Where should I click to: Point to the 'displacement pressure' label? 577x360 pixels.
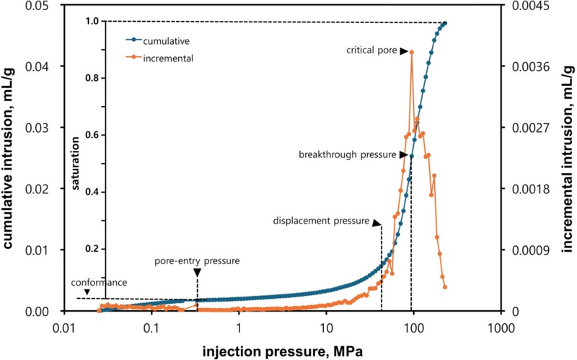click(x=321, y=221)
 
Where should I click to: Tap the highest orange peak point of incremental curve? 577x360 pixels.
click(x=412, y=51)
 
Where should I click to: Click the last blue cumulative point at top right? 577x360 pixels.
click(x=445, y=24)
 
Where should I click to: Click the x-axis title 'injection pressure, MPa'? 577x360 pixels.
click(x=281, y=350)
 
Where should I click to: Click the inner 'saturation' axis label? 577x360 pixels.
click(x=76, y=162)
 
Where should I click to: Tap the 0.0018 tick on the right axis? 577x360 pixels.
click(x=528, y=189)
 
